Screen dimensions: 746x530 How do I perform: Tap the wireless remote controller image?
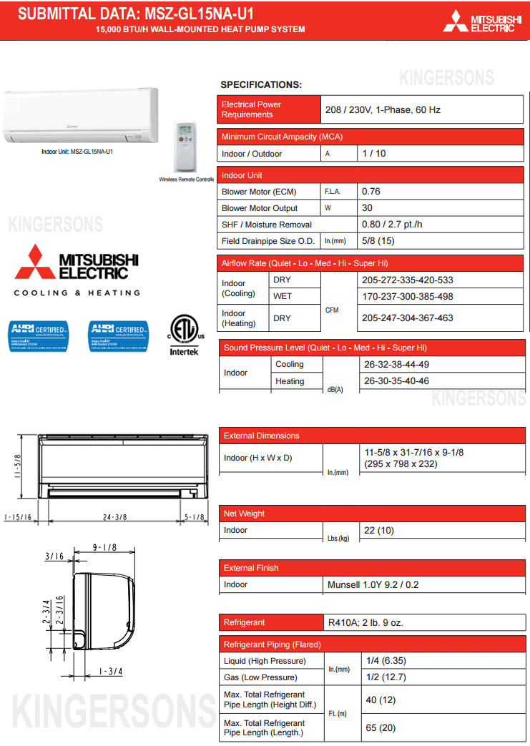pyautogui.click(x=186, y=146)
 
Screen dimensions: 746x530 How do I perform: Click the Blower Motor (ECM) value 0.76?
pyautogui.click(x=371, y=192)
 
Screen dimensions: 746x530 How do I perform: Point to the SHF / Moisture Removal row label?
pyautogui.click(x=267, y=225)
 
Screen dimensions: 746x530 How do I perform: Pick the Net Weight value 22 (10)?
pyautogui.click(x=379, y=530)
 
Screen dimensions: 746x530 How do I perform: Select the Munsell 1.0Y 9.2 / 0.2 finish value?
pyautogui.click(x=373, y=584)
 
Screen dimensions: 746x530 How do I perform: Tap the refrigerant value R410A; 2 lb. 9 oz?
pyautogui.click(x=365, y=623)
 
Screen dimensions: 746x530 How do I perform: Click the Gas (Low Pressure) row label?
pyautogui.click(x=260, y=677)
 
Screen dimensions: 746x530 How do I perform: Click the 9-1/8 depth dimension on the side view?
pyautogui.click(x=104, y=548)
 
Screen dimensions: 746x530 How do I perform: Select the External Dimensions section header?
pyautogui.click(x=262, y=436)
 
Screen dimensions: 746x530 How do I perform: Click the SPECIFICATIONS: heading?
pyautogui.click(x=261, y=85)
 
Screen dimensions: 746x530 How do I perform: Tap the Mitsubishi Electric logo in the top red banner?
pyautogui.click(x=482, y=21)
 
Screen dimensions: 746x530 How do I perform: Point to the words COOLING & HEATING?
pyautogui.click(x=77, y=293)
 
